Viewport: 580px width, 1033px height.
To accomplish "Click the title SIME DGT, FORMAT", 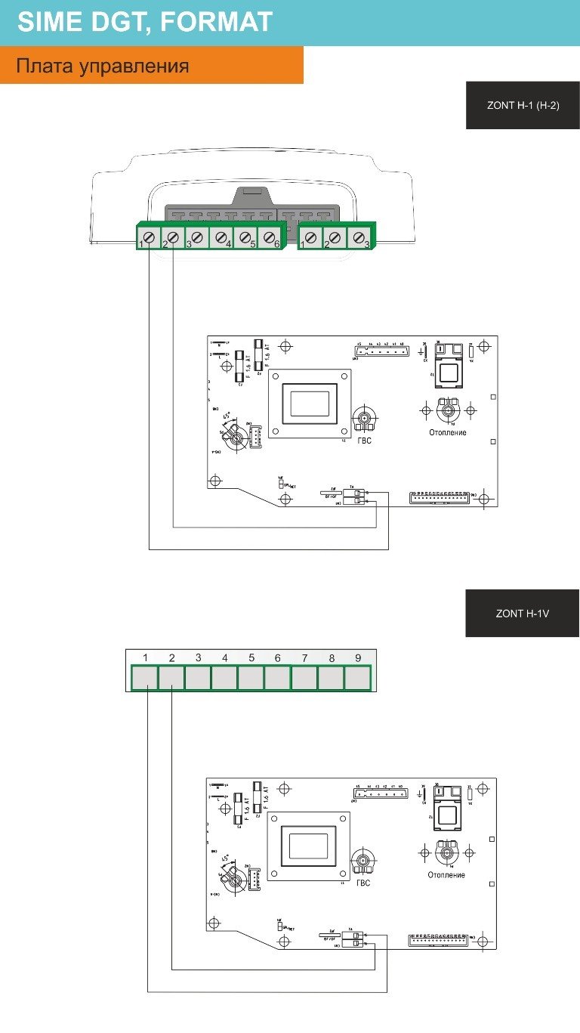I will click(x=144, y=22).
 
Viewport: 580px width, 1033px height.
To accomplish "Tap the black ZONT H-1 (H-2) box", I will click(x=523, y=105).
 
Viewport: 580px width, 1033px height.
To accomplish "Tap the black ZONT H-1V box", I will click(x=522, y=613).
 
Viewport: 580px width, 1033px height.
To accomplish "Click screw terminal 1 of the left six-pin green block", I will click(x=149, y=237).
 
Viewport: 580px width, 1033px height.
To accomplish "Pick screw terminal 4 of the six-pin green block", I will click(x=221, y=237).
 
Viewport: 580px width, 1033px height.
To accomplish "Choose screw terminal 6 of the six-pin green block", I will click(x=270, y=237).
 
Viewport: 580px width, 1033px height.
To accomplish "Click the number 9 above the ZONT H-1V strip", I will click(x=358, y=657).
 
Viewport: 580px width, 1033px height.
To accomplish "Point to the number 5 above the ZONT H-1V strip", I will click(x=251, y=657).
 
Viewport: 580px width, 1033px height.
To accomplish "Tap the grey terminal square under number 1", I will click(x=145, y=678).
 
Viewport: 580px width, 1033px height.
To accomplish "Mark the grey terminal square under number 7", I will click(x=304, y=678).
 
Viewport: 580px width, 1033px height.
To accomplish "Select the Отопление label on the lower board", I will click(x=446, y=875).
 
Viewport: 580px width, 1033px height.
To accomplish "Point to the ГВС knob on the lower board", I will click(x=364, y=861).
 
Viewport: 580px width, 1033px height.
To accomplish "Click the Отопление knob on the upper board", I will click(x=449, y=410).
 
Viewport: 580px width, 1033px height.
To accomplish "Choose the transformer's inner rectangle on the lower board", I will click(x=308, y=846).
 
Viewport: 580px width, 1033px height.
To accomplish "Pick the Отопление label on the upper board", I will click(x=447, y=432).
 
